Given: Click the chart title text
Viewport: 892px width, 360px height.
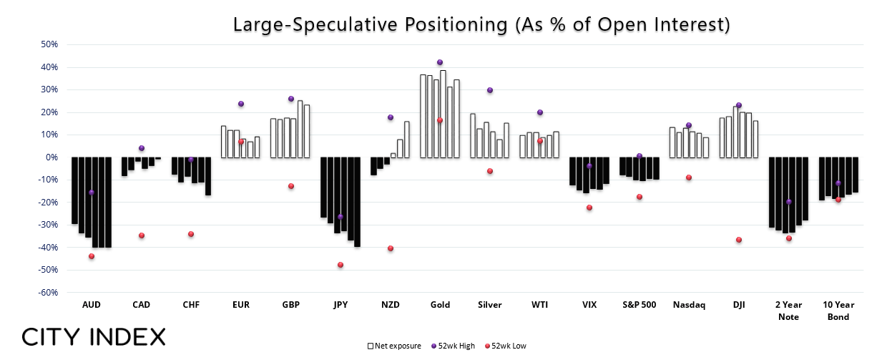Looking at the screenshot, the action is tap(481, 24).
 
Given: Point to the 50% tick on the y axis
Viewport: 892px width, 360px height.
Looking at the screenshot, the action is tap(49, 44).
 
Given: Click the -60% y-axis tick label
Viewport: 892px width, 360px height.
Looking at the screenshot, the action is tap(48, 293).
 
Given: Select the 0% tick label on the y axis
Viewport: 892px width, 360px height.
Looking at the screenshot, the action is tap(52, 157).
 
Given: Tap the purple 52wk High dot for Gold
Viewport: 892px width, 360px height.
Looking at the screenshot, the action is tap(440, 62).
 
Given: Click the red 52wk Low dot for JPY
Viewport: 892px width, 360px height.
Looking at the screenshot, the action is tap(340, 265).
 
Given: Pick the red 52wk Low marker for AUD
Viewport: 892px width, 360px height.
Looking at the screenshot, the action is tap(92, 256).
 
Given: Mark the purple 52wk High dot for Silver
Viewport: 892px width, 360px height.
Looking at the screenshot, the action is tap(490, 90).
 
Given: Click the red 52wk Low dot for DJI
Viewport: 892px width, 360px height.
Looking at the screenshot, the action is tap(739, 240).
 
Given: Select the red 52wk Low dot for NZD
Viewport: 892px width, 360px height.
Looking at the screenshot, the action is tap(391, 248).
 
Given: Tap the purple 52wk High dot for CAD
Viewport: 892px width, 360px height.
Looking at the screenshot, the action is tap(142, 148).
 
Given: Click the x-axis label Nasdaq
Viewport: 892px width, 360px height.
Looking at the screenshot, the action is tap(689, 305).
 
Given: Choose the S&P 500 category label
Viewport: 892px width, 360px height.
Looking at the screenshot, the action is tap(639, 305).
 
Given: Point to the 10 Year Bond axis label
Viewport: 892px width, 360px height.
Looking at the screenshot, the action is tap(838, 311).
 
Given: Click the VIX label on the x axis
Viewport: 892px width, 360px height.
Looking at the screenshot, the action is tap(589, 305).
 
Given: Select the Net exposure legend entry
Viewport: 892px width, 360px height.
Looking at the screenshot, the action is tap(394, 346).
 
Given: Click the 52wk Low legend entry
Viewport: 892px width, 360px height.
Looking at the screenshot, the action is tap(505, 346).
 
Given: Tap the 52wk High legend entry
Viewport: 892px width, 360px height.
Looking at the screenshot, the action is tap(454, 346).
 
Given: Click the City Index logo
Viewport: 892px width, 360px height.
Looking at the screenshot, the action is tap(94, 337).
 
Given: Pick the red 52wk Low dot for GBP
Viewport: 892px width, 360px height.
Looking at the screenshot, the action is tap(291, 186).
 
